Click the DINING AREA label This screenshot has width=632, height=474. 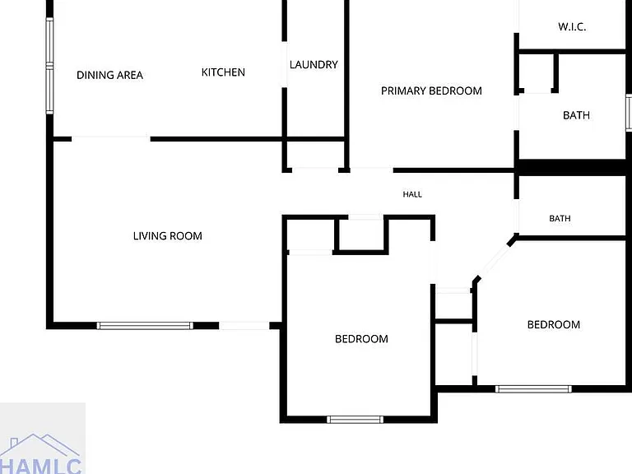click(x=109, y=75)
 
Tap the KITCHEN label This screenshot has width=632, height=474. click(x=223, y=72)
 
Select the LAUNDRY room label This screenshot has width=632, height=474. click(x=314, y=64)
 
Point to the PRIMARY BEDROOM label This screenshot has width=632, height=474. click(x=431, y=91)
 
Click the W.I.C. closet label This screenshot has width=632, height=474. click(x=572, y=27)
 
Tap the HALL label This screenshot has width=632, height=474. click(x=412, y=194)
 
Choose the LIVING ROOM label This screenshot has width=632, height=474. click(x=168, y=236)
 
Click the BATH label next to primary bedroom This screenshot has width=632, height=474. click(x=576, y=115)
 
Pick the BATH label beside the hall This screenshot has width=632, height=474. click(x=560, y=218)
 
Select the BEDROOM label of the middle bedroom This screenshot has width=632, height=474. click(x=361, y=338)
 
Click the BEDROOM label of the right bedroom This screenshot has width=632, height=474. click(x=554, y=324)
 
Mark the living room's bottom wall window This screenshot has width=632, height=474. click(x=145, y=326)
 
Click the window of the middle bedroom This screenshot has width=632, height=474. click(x=355, y=420)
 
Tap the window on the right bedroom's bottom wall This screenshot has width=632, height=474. click(x=533, y=389)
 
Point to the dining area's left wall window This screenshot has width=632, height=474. click(x=49, y=66)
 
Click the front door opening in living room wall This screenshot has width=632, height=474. click(x=244, y=326)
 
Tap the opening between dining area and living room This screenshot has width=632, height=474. click(x=111, y=139)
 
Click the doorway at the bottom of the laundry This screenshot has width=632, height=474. click(x=315, y=170)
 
